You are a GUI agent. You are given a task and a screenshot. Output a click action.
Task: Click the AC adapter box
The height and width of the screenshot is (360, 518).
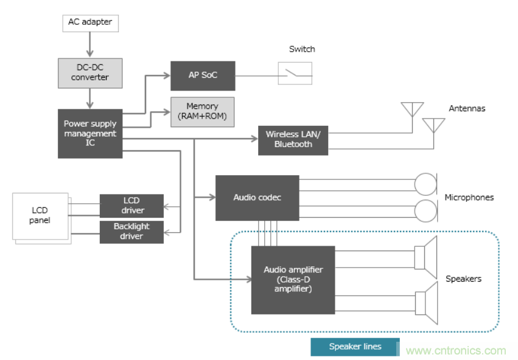[x=90, y=23]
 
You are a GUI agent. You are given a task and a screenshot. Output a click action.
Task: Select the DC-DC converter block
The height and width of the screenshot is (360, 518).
[x=90, y=72]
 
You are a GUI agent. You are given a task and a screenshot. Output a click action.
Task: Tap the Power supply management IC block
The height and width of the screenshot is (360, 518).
[x=90, y=134]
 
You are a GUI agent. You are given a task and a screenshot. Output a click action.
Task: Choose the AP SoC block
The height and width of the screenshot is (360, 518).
[x=203, y=75]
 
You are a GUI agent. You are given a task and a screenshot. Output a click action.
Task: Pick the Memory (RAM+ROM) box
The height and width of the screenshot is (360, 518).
[x=202, y=111]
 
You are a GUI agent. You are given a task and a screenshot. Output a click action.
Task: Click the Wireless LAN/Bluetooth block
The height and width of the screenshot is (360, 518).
[x=293, y=139]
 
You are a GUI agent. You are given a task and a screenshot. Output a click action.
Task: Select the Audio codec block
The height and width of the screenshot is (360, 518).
[x=257, y=198]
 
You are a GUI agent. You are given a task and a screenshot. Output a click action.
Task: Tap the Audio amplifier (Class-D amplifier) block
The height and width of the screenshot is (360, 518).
[x=293, y=280]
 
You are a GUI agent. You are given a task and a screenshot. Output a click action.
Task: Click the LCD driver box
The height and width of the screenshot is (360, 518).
[x=131, y=206]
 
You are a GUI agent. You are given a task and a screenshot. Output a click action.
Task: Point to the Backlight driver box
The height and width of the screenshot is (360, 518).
[x=131, y=231]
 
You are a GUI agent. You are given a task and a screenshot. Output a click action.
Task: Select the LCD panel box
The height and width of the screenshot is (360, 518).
[x=40, y=216]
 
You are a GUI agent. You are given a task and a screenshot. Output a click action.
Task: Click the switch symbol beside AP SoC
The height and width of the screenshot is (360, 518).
[x=295, y=74]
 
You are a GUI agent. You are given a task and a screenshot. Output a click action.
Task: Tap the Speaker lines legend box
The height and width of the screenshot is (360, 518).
[x=355, y=347]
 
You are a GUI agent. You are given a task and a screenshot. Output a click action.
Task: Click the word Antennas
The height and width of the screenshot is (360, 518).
[x=467, y=109]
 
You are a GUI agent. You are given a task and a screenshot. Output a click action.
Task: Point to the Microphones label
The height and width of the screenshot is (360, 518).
[x=469, y=198]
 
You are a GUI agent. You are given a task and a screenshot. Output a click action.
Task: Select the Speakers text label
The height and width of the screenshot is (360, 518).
[x=463, y=279]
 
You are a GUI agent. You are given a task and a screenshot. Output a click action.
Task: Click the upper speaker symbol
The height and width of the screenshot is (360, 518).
[x=425, y=257]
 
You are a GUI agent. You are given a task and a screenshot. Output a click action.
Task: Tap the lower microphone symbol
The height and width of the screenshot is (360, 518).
[x=425, y=211]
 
